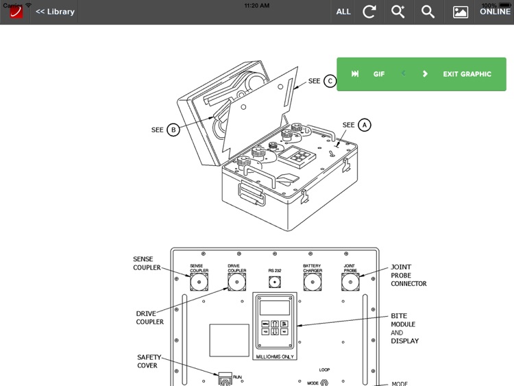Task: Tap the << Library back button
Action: pyautogui.click(x=55, y=12)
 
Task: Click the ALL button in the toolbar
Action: pyautogui.click(x=343, y=12)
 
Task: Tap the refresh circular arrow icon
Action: pyautogui.click(x=369, y=12)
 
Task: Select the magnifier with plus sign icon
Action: pyautogui.click(x=398, y=12)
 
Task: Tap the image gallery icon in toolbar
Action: pyautogui.click(x=461, y=12)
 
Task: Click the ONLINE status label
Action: pyautogui.click(x=495, y=12)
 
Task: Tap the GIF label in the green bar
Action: pyautogui.click(x=379, y=74)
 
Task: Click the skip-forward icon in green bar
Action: pyautogui.click(x=355, y=74)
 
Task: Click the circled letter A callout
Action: pyautogui.click(x=365, y=125)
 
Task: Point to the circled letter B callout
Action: pyautogui.click(x=173, y=130)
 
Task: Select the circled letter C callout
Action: pyautogui.click(x=330, y=81)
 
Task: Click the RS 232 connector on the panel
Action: pyautogui.click(x=275, y=282)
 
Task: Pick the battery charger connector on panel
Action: pyautogui.click(x=313, y=282)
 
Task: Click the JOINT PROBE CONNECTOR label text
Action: pyautogui.click(x=408, y=275)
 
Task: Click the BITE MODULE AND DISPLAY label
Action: pyautogui.click(x=404, y=328)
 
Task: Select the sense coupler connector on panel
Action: pyautogui.click(x=199, y=282)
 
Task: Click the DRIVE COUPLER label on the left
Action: pyautogui.click(x=149, y=317)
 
